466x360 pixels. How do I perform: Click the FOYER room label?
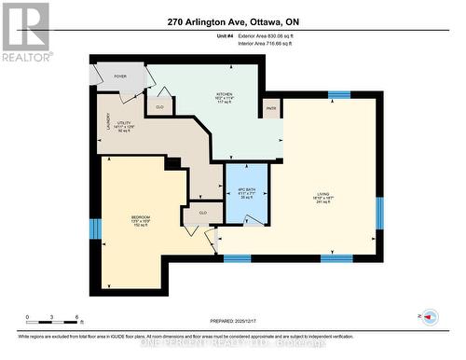[120, 76]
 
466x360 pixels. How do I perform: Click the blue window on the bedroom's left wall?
[94, 228]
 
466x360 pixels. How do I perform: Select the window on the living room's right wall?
[379, 212]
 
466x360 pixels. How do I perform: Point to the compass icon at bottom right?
[430, 317]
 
